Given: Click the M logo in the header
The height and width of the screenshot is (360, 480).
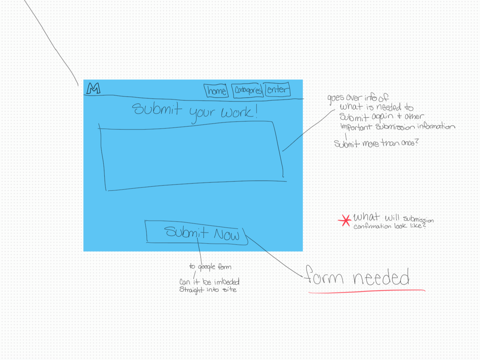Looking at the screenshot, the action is pyautogui.click(x=94, y=88).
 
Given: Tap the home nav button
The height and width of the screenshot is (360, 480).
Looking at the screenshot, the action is pyautogui.click(x=216, y=91).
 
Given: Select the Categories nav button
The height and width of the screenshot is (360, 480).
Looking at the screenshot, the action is pyautogui.click(x=248, y=90).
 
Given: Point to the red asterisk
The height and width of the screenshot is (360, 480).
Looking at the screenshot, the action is pyautogui.click(x=345, y=221).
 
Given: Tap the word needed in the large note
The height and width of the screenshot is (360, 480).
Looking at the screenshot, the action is pyautogui.click(x=381, y=278).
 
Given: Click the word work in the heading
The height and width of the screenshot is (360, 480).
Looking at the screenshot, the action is pyautogui.click(x=237, y=112).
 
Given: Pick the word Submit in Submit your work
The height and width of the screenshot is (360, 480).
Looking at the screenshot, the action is pyautogui.click(x=157, y=109).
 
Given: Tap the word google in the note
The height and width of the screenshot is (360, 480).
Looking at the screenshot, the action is pyautogui.click(x=207, y=267).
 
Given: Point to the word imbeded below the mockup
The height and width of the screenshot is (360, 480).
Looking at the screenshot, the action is pyautogui.click(x=226, y=282).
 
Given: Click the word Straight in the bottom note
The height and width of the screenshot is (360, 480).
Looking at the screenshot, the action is pyautogui.click(x=191, y=290).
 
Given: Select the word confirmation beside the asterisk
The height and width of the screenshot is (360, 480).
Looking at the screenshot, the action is pyautogui.click(x=372, y=226).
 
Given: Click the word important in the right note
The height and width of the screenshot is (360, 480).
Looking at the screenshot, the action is pyautogui.click(x=356, y=127).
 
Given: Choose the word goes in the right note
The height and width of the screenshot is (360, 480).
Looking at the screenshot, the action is pyautogui.click(x=336, y=98).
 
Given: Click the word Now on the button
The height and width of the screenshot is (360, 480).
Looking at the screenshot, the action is pyautogui.click(x=226, y=234).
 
